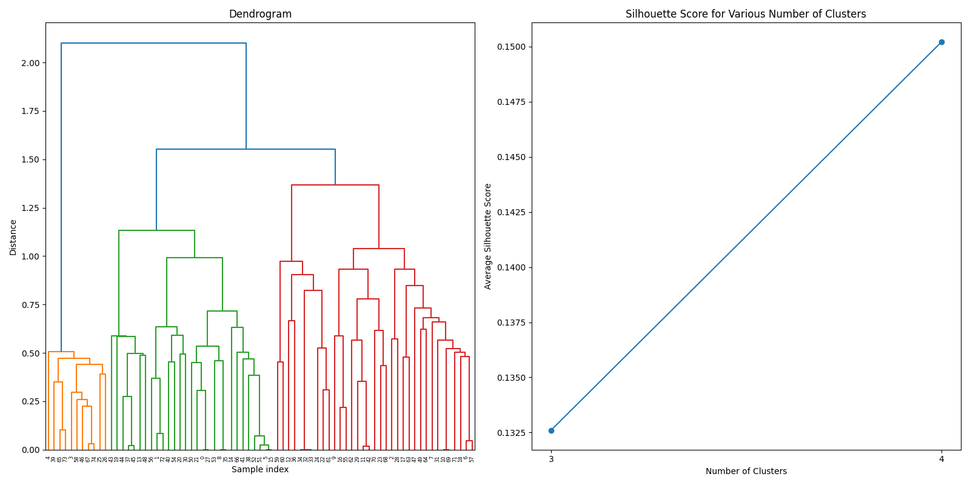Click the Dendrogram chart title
coord(260,14)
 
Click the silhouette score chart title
coord(746,14)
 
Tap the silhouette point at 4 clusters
coord(942,42)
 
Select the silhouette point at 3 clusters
coord(551,430)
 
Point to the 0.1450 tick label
coord(511,158)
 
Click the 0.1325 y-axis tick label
coord(511,433)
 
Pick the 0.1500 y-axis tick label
coord(511,47)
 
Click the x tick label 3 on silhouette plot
coord(551,459)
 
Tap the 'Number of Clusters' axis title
coord(746,471)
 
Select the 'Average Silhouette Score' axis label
coord(488,236)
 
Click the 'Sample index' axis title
coord(260,469)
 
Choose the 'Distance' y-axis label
coord(13,237)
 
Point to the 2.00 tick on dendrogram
coord(30,63)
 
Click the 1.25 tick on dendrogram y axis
coord(30,208)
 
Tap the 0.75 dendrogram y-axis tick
coord(30,305)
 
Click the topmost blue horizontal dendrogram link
coord(153,44)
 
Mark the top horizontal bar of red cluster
coord(335,185)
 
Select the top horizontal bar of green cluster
coord(156,230)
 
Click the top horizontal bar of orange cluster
coord(61,352)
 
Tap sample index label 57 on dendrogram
coord(472,459)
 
